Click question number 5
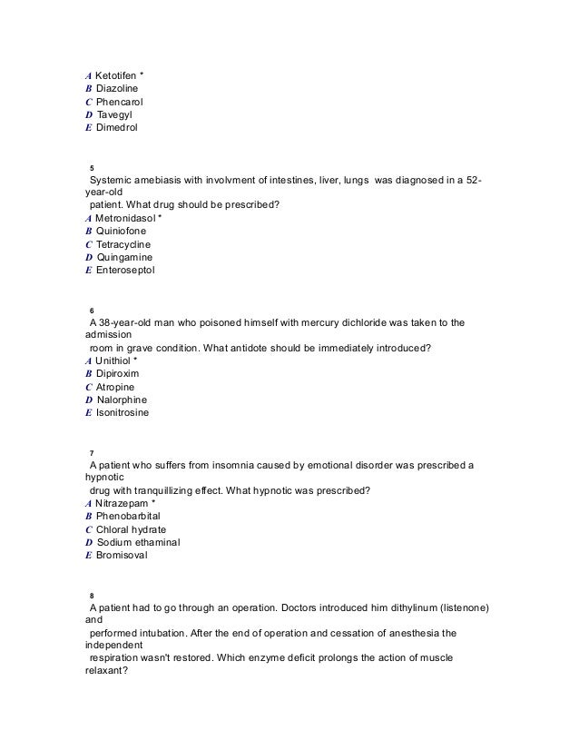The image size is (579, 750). pos(92,168)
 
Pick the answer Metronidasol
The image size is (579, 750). pos(126,218)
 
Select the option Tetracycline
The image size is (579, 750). pos(123,244)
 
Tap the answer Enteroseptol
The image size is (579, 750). pos(125,271)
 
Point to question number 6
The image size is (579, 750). pos(92,311)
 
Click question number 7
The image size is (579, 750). pos(92,453)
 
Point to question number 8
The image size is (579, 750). pos(92,596)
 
